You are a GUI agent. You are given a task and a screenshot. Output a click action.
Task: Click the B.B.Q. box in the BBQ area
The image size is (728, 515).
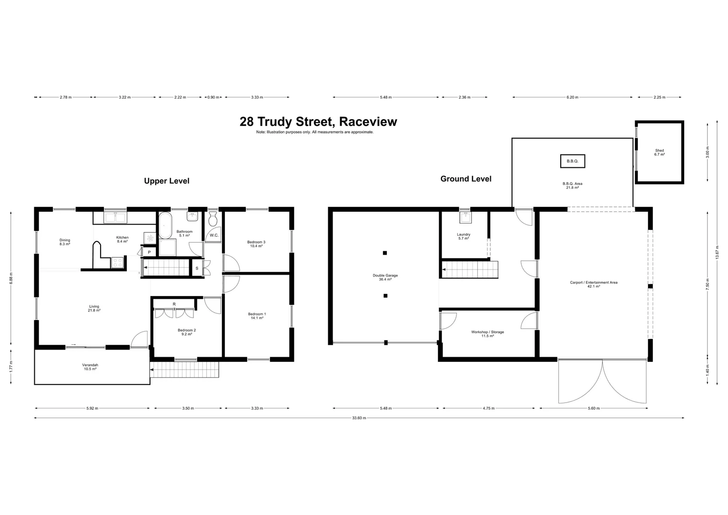(572, 161)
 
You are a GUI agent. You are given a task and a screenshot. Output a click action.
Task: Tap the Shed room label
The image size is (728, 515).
(659, 152)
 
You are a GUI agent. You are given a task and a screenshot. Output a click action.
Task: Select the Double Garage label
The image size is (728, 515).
(385, 277)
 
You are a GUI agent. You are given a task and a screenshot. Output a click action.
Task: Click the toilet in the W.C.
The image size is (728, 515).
(213, 219)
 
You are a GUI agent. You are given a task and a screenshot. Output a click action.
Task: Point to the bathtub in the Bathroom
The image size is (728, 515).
(165, 225)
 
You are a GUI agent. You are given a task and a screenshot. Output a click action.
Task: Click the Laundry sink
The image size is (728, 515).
(465, 218)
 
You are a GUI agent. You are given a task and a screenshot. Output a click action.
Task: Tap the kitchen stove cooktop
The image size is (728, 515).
(117, 261)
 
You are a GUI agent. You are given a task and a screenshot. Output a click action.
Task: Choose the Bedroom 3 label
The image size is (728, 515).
(256, 244)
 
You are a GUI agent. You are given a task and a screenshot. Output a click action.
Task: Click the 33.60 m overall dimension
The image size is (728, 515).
(359, 418)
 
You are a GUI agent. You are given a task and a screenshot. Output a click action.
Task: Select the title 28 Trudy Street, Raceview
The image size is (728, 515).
(318, 122)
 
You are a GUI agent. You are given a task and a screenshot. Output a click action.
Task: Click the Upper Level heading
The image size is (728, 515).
(167, 181)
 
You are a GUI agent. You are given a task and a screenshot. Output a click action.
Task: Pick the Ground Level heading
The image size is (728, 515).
(465, 179)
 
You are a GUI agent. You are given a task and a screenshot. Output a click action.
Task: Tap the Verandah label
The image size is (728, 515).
(90, 367)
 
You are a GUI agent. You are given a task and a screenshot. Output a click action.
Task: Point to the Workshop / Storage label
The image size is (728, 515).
(487, 334)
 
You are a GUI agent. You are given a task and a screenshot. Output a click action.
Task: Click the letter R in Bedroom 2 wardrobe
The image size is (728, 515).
(174, 304)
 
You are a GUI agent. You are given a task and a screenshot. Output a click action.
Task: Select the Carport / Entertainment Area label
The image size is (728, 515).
(594, 284)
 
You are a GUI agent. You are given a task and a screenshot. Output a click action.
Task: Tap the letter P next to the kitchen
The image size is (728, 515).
(149, 252)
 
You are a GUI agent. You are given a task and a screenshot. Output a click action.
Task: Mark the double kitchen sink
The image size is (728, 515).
(115, 218)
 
